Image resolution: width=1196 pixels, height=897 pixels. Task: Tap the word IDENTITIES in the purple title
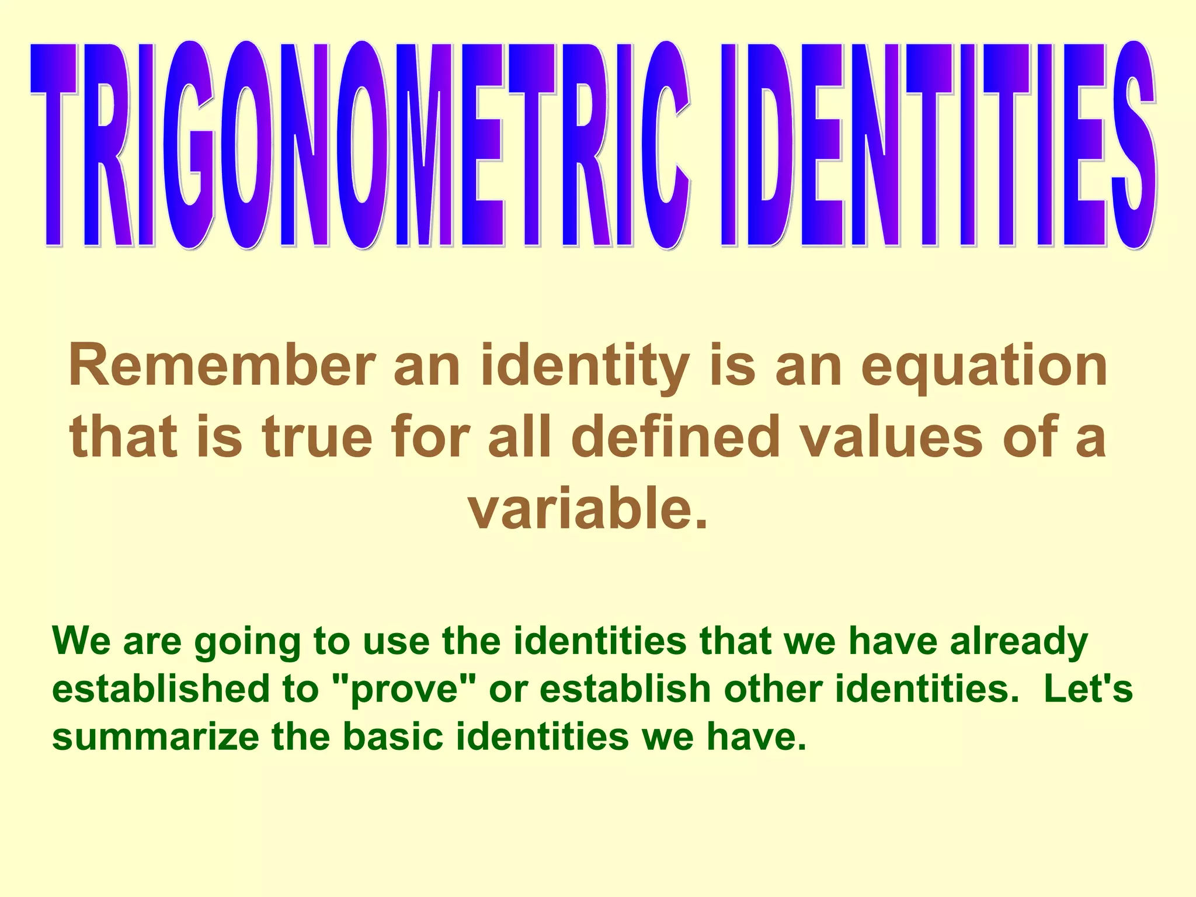(x=937, y=146)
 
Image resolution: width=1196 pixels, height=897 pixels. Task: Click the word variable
(x=587, y=509)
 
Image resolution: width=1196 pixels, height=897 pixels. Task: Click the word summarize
(x=155, y=737)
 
